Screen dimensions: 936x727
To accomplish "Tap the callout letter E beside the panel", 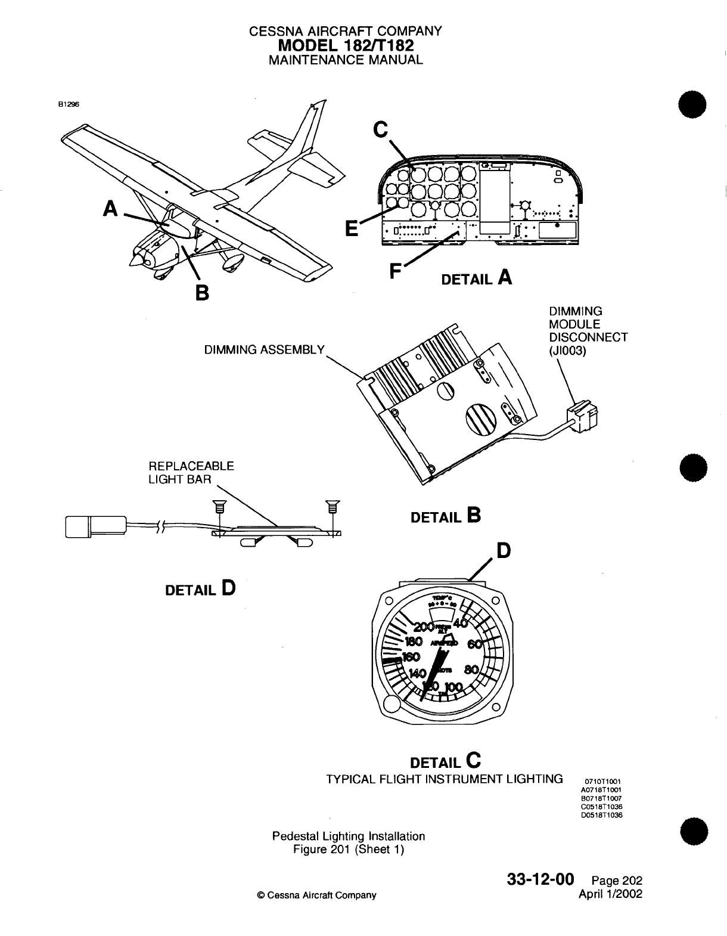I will pos(352,228).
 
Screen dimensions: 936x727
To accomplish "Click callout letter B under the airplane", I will pos(202,293).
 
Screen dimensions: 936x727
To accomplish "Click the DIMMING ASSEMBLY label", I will pos(264,350).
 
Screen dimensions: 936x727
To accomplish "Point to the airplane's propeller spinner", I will pos(136,259).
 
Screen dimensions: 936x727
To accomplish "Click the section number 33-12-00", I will pos(540,879).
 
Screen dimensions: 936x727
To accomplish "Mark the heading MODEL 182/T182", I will pos(346,45).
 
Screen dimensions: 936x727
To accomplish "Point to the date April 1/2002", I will pos(611,894).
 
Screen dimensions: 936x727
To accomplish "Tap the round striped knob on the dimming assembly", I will pos(480,419).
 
